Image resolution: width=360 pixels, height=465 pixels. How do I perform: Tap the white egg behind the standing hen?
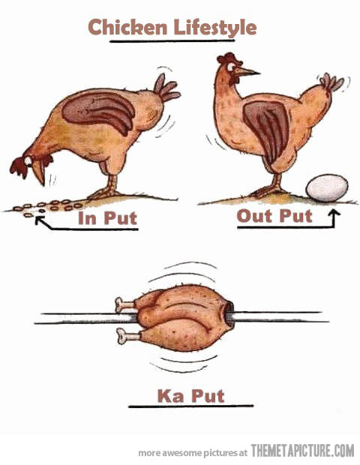click(327, 187)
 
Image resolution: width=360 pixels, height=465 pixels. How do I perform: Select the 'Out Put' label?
click(274, 217)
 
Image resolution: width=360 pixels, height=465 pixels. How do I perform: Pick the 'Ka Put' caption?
click(190, 394)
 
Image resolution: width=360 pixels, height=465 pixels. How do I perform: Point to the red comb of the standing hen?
click(225, 58)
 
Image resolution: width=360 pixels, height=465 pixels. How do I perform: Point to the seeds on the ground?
click(45, 205)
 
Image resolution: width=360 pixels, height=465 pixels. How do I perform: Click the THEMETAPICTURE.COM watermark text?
click(302, 451)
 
